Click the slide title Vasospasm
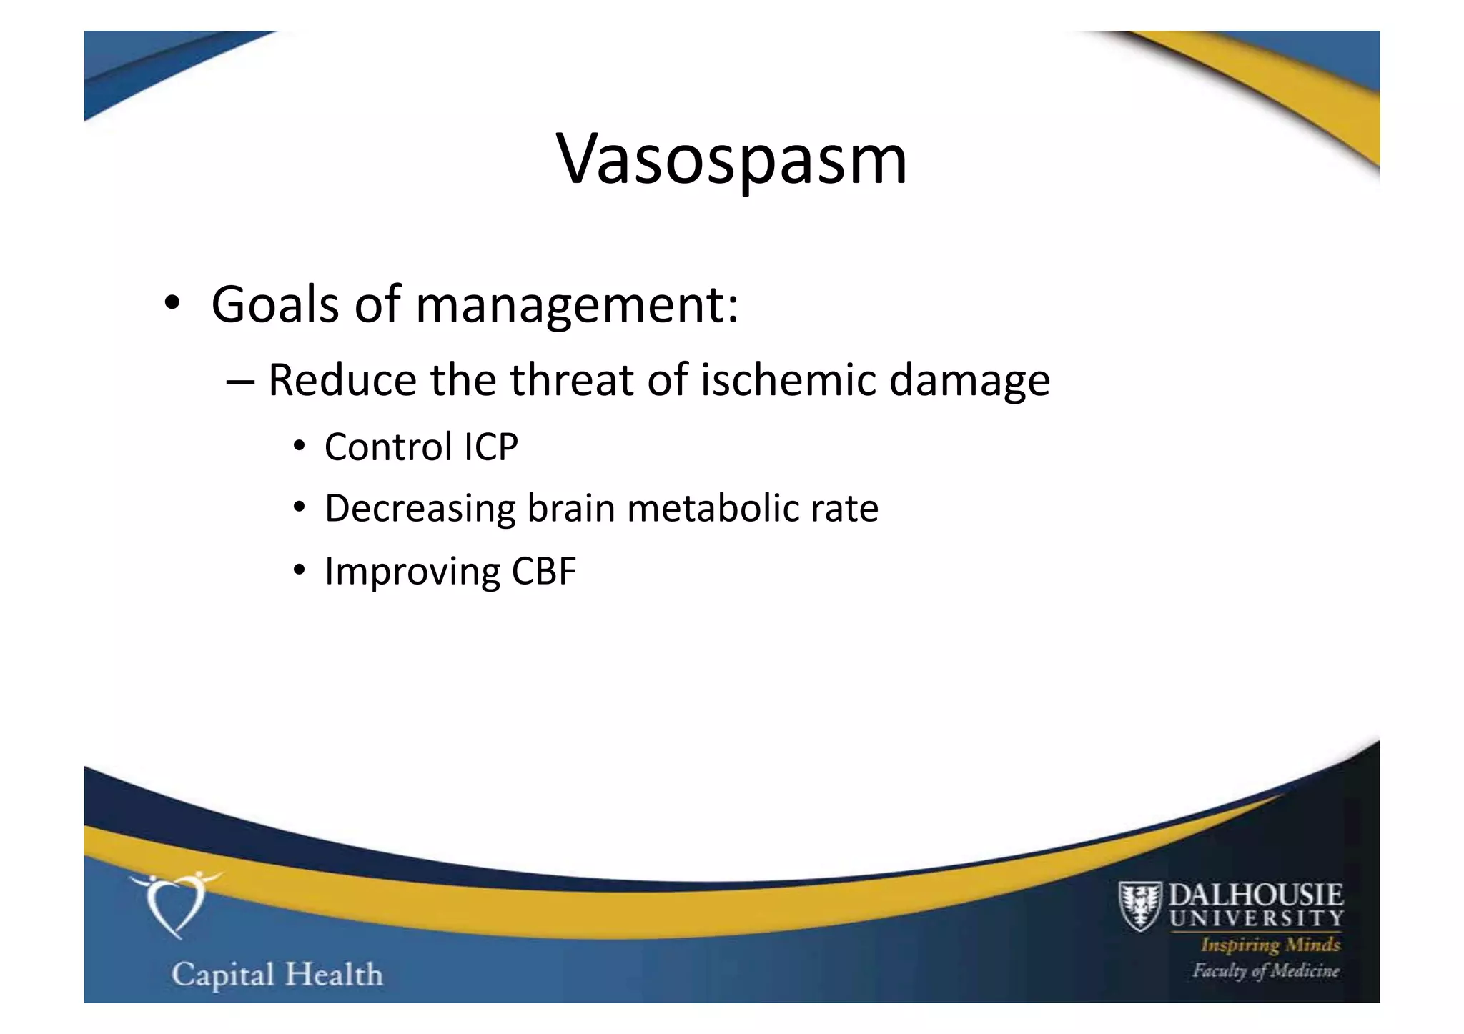click(731, 159)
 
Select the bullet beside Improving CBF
click(300, 571)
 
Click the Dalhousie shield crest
click(1139, 906)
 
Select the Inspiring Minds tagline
click(1270, 945)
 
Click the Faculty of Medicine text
click(1265, 970)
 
